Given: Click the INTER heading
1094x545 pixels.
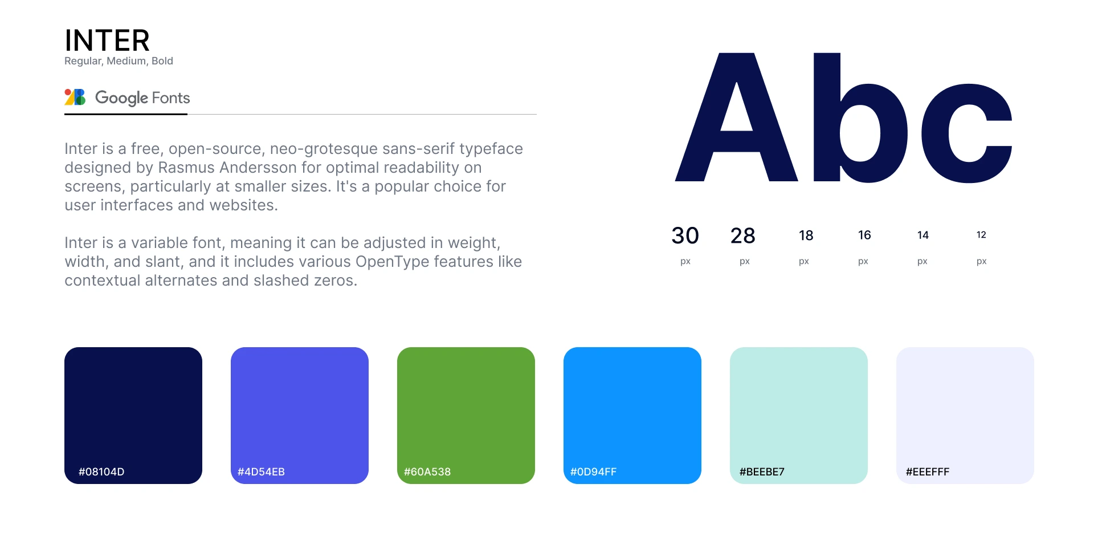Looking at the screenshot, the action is coord(107,40).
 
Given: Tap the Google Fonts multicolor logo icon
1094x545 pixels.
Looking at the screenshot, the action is coord(75,97).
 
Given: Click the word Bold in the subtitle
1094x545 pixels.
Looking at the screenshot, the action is coord(162,61).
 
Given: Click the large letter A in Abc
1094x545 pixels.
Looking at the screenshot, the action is coord(736,117).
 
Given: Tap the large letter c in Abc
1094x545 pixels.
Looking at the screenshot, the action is coord(967,133).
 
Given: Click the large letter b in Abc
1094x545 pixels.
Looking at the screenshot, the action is coord(860,118).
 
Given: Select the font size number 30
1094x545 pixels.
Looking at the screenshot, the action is coord(685,235).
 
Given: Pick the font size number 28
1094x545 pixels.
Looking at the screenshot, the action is coord(743,235).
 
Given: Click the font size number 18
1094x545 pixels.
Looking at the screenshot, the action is coord(806,235).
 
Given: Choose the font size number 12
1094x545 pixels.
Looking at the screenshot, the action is coord(981,235).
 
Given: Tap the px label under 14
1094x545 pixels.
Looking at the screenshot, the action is coord(922,262).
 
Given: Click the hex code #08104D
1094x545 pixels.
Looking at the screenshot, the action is coord(101,472).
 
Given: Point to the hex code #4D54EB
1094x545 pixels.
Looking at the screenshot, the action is coord(261,472).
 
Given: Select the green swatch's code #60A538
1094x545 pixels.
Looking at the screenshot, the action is coord(427,472).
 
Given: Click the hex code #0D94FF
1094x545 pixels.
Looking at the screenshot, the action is coord(593,472).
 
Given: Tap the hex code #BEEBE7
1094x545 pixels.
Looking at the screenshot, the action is coord(762,472).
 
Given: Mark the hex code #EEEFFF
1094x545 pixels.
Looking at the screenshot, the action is coord(928,472).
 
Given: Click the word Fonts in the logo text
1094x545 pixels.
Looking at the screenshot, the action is coord(171,98).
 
